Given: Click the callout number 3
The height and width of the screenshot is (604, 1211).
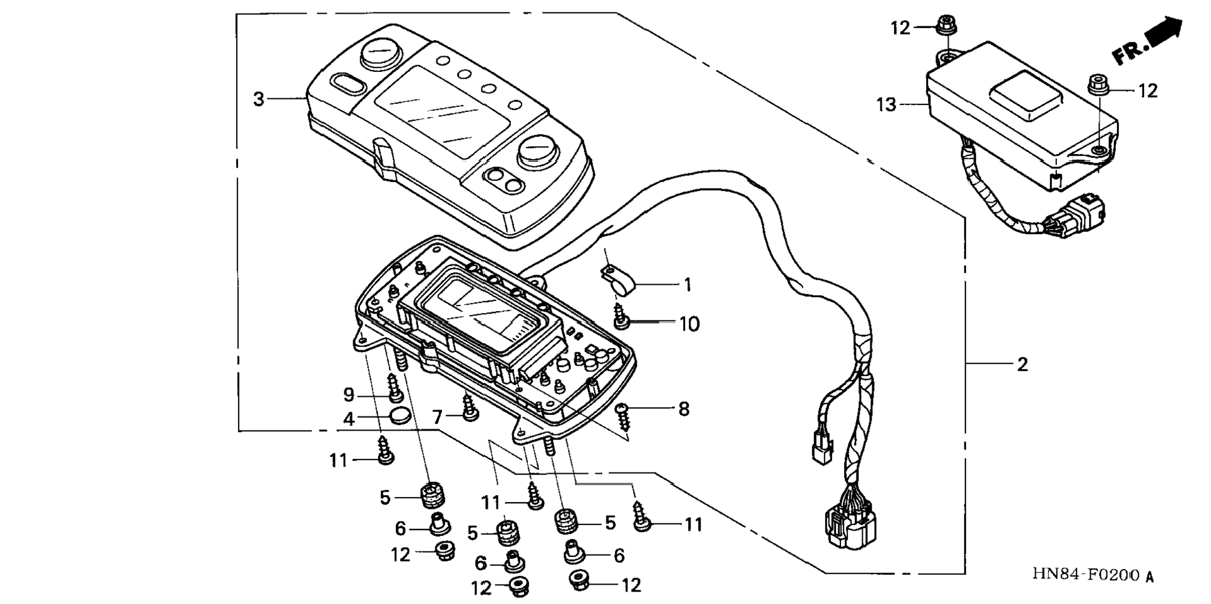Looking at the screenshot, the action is click(259, 99).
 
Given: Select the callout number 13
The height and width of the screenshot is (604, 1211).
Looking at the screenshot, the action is click(886, 105).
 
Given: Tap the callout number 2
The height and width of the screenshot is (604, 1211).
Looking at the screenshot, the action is click(1022, 364).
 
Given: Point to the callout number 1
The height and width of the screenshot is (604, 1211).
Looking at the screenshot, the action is click(688, 285).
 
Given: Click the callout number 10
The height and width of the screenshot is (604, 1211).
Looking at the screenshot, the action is click(689, 324).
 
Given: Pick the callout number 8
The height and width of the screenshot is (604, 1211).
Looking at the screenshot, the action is click(684, 409).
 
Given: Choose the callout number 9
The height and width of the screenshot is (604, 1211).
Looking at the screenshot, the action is click(349, 395).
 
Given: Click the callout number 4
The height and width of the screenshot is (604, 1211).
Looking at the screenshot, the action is click(349, 419).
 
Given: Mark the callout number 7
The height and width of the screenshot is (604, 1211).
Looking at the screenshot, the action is click(437, 416).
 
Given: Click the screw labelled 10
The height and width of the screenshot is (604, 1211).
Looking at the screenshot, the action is click(621, 316).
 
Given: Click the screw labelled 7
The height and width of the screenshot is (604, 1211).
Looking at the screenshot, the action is click(470, 406).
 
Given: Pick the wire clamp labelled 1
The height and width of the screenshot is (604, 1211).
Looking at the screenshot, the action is click(617, 279).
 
